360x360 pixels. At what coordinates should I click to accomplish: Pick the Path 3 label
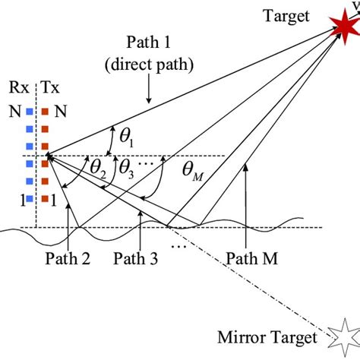137,258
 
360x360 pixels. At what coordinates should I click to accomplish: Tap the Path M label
254,258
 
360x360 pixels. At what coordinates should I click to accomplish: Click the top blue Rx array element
28,112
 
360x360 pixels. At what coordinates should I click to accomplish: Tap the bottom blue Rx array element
28,201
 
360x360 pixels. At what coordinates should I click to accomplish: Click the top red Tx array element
45,112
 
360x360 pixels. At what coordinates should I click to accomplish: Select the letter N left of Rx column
14,112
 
